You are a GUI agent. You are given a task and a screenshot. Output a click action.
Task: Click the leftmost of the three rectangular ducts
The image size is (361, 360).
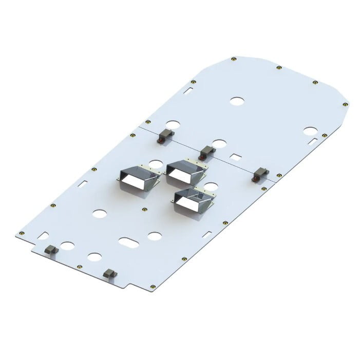[138, 179]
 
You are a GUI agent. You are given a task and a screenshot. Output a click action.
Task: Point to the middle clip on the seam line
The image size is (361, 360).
[207, 151]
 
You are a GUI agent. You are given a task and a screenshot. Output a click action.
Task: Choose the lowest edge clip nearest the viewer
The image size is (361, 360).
[109, 274]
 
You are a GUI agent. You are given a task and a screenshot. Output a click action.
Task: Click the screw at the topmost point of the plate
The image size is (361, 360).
[234, 59]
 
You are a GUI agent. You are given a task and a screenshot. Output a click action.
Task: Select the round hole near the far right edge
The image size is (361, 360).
[310, 130]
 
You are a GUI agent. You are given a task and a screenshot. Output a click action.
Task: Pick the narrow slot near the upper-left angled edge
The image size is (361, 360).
[188, 91]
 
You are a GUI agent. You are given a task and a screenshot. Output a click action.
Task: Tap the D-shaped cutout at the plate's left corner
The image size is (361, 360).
[44, 236]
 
